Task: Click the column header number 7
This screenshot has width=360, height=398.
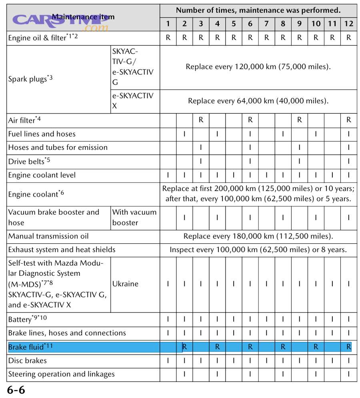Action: tap(266, 24)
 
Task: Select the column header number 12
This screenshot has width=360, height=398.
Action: tap(348, 24)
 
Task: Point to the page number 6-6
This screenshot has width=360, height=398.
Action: tap(16, 390)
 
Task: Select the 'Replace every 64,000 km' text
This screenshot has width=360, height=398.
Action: tap(258, 101)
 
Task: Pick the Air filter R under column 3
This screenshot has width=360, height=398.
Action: tap(201, 120)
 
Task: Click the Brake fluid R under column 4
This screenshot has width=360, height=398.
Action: tap(217, 347)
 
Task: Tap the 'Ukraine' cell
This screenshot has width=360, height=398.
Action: tap(125, 284)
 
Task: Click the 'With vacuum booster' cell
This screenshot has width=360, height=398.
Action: tap(134, 217)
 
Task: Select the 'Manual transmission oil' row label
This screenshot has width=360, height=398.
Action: tap(48, 236)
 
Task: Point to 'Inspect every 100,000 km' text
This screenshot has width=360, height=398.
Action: tap(258, 250)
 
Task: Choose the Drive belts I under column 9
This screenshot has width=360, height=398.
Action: tap(299, 161)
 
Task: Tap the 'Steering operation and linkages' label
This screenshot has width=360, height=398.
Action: tap(61, 374)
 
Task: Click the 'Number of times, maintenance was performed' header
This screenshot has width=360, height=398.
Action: tap(258, 10)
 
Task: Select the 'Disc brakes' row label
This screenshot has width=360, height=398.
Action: tap(28, 361)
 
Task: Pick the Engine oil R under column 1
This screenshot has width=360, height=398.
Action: tap(168, 38)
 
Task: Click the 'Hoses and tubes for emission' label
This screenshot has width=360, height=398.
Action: tap(58, 147)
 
